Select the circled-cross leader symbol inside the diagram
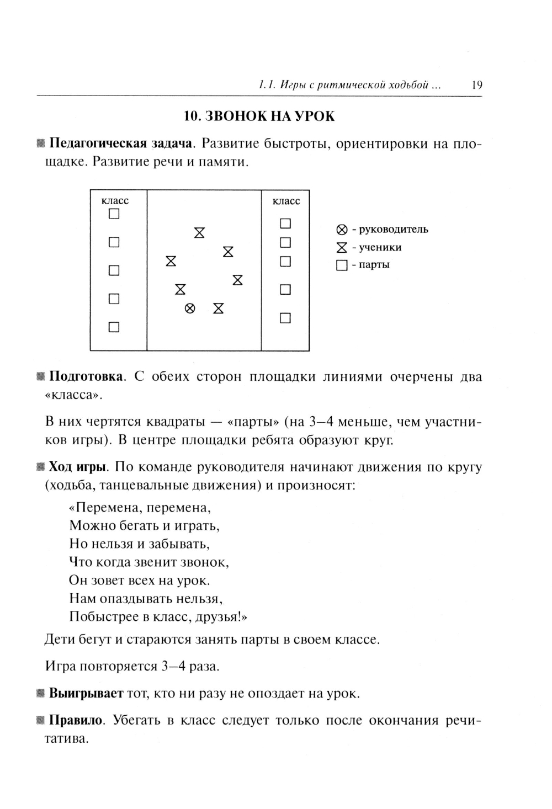(189, 308)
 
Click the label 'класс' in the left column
(115, 201)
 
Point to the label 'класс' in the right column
(286, 201)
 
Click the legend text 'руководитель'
(394, 229)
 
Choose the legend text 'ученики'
(380, 247)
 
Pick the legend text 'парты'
(374, 264)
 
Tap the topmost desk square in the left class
(114, 214)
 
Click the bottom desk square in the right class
(285, 318)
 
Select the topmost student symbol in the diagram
(199, 232)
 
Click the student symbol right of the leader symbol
(219, 308)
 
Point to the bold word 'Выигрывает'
(86, 693)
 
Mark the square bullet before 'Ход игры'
(40, 467)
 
